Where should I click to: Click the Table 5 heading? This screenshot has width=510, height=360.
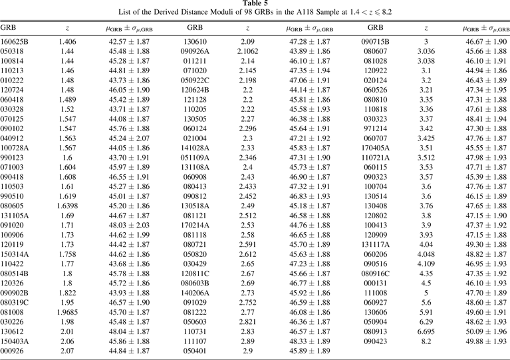pyautogui.click(x=255, y=4)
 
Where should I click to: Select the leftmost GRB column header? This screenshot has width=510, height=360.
pyautogui.click(x=9, y=27)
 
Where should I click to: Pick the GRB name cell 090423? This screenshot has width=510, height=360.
pyautogui.click(x=376, y=341)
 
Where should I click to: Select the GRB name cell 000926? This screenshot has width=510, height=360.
pyautogui.click(x=12, y=351)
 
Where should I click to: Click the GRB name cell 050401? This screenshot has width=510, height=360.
pyautogui.click(x=195, y=351)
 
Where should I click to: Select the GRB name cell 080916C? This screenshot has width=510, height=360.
pyautogui.click(x=376, y=272)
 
